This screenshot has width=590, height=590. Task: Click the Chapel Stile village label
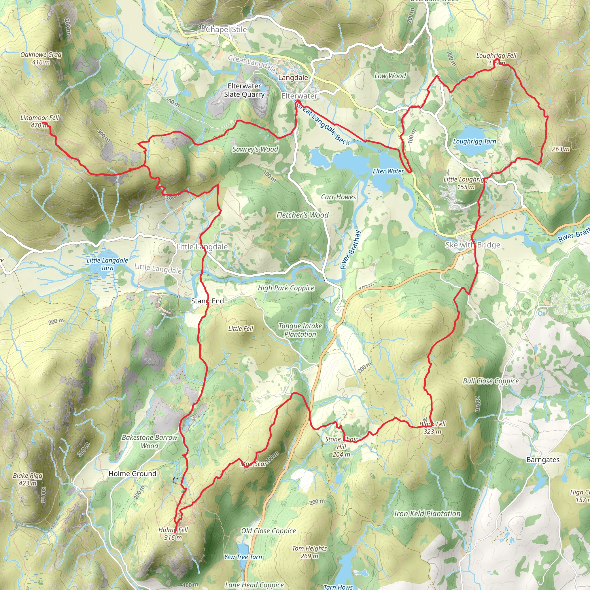(x=226, y=30)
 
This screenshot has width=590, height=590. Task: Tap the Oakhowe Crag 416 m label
(x=41, y=58)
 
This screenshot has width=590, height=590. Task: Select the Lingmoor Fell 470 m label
(x=39, y=121)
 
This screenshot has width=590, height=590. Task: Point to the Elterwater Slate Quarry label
(x=244, y=90)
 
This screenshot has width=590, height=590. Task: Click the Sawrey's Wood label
(x=255, y=149)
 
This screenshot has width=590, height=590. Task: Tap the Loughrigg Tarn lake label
(x=474, y=141)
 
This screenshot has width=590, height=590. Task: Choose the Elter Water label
(x=388, y=171)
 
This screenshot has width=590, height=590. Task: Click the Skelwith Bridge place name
(x=472, y=245)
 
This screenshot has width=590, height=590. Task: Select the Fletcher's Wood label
(x=302, y=215)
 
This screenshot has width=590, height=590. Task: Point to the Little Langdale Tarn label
(x=107, y=264)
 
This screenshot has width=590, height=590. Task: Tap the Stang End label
(x=207, y=301)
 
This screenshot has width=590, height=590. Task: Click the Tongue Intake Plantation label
(x=300, y=330)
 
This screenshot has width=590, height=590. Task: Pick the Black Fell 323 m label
(x=432, y=428)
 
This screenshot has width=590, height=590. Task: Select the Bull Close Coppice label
(x=490, y=381)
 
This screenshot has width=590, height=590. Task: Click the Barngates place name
(x=543, y=460)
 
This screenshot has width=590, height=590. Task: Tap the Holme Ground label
(x=132, y=474)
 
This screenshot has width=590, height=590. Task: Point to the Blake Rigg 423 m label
(x=28, y=479)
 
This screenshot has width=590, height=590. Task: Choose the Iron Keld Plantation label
(x=427, y=514)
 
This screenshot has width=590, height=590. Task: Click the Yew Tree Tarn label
(x=243, y=557)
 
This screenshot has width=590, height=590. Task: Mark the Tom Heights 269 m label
(x=309, y=552)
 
